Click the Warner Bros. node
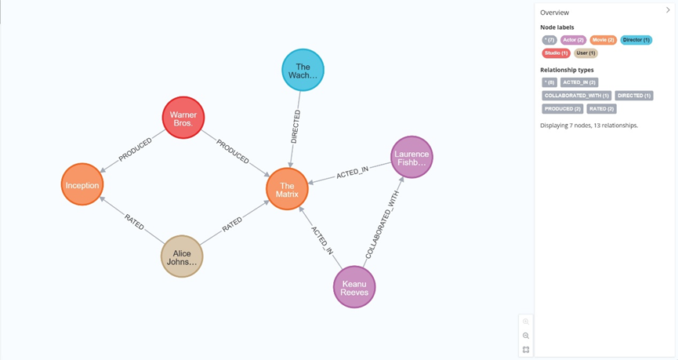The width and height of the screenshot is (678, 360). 183,118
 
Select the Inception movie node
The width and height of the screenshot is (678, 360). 82,185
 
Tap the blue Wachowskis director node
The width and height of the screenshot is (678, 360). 303,71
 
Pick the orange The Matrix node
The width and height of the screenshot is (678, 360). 287,190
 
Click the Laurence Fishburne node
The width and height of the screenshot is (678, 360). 412,158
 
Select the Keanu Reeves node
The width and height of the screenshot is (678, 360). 354,287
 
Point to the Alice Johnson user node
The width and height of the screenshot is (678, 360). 182,257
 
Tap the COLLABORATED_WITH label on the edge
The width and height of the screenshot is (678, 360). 382,224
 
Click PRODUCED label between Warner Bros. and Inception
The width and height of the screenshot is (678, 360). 136,150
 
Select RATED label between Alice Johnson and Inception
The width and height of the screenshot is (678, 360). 134,222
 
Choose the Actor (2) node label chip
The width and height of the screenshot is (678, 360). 573,40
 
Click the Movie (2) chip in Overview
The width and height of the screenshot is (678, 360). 603,40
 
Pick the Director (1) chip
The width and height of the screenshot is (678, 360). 636,40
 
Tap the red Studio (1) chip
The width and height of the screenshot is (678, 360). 556,53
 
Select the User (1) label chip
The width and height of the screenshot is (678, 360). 586,53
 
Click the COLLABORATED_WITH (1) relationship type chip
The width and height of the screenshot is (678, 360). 576,96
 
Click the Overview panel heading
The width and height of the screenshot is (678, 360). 554,13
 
